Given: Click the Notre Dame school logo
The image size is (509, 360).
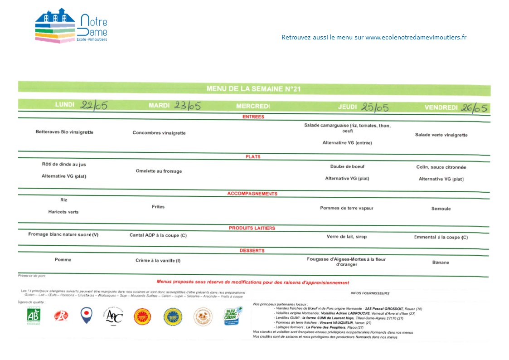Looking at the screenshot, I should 71,26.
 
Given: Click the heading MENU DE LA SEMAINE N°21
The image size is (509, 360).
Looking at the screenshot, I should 253,89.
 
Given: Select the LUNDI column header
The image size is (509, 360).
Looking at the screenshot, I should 65,105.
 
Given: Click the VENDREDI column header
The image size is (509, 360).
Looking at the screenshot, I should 441,107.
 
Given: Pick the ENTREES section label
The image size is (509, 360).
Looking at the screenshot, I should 253,117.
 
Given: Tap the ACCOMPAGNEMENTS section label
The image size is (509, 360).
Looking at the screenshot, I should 252,194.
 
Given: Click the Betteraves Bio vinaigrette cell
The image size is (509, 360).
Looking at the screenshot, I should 64,132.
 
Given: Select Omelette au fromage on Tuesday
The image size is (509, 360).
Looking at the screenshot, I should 159,171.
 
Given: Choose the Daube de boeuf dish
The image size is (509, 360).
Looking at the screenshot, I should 347,166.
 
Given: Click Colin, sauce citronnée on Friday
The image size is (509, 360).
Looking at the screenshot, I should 441,167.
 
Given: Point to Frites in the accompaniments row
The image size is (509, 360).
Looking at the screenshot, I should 158,207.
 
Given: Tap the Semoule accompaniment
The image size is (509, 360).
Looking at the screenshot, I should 441,209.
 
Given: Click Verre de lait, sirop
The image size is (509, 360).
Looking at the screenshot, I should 347,237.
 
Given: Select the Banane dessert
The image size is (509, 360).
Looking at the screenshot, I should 441,263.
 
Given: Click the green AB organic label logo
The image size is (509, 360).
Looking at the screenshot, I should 34,316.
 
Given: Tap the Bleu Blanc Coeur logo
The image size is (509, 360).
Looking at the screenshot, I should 231,316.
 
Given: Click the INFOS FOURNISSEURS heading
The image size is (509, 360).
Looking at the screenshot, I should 369,293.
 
